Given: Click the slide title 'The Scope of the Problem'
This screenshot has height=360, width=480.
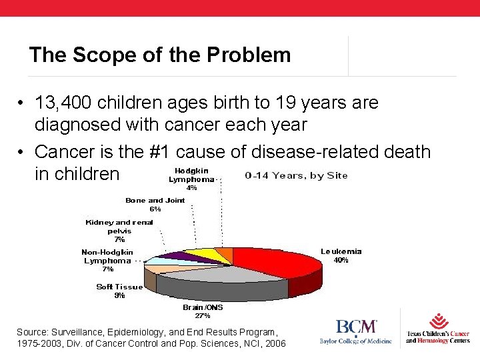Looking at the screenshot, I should [160, 55].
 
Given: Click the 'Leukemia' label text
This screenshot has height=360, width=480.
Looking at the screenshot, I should [341, 251].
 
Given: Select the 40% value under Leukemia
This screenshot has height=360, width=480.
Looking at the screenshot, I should [340, 261].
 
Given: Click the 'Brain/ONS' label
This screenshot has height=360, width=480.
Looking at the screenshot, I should [203, 307].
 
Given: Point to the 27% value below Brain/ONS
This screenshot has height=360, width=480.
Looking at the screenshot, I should [203, 315].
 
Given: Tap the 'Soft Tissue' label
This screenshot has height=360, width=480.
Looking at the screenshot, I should [119, 287].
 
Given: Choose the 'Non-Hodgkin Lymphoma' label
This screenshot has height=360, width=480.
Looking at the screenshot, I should [107, 257].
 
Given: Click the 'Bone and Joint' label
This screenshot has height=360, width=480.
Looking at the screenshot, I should [155, 200].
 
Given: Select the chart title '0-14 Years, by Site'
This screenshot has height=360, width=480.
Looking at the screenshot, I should [296, 176].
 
